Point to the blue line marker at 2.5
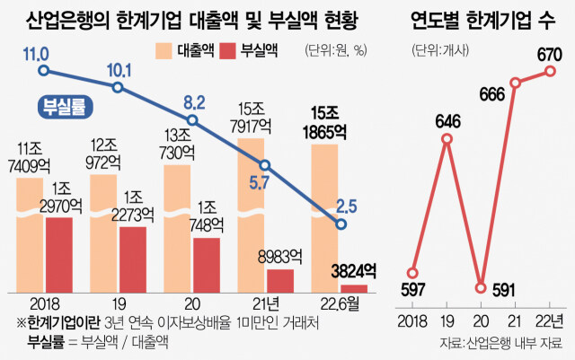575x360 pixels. click(x=340, y=224)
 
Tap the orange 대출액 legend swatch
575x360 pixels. click(x=172, y=52)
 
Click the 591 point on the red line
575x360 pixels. click(x=481, y=288)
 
